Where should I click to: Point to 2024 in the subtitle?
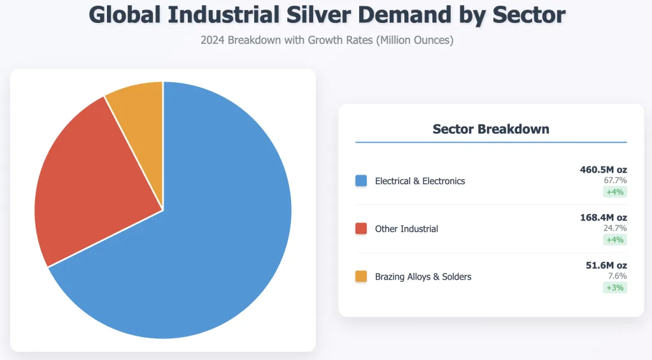coord(213,40)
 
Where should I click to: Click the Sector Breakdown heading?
coord(490,129)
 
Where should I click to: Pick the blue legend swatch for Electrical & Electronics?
coord(361,181)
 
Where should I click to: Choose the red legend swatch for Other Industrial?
coord(361,229)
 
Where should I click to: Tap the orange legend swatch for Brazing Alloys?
coord(361,277)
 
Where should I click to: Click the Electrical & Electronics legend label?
coord(420,181)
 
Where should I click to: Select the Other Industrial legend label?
coord(406,229)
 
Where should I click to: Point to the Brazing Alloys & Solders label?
coord(423,277)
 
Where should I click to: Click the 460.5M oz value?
coord(603,169)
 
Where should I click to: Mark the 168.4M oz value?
coord(603,217)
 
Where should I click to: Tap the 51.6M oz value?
coord(606,265)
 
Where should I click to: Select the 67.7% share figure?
coord(615,180)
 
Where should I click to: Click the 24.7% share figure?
coord(615,228)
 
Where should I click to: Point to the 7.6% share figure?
coord(618,276)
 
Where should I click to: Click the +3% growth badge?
coord(615,287)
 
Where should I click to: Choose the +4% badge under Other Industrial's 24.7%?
coord(615,240)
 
